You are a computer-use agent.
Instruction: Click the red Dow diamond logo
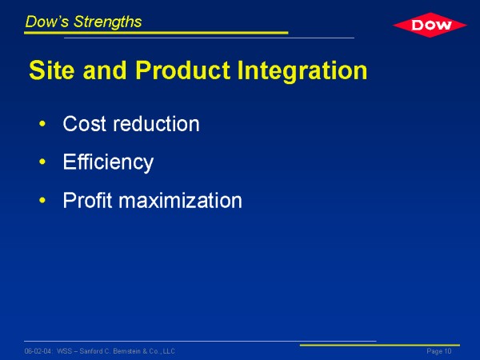[x=430, y=25]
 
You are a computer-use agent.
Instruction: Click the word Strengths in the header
[x=107, y=22]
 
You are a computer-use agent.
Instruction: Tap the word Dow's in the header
[x=47, y=22]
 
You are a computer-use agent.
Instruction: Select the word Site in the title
[x=52, y=70]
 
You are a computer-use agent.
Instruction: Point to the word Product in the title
[x=182, y=70]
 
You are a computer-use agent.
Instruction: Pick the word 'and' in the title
[x=105, y=70]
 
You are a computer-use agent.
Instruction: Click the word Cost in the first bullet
[x=85, y=124]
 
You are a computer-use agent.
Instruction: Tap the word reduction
[x=157, y=124]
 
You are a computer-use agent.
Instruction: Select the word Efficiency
[x=108, y=162]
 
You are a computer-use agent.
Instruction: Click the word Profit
[x=87, y=200]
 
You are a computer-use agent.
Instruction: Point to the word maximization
[x=180, y=200]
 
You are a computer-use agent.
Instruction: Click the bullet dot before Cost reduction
[x=42, y=124]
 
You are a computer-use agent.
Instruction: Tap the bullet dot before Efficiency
[x=42, y=162]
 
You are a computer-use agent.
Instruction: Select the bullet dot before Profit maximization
[x=42, y=200]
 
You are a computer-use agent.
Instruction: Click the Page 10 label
[x=439, y=351]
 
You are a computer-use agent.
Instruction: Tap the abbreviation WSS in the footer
[x=64, y=351]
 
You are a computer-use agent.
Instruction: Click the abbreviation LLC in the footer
[x=169, y=351]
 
